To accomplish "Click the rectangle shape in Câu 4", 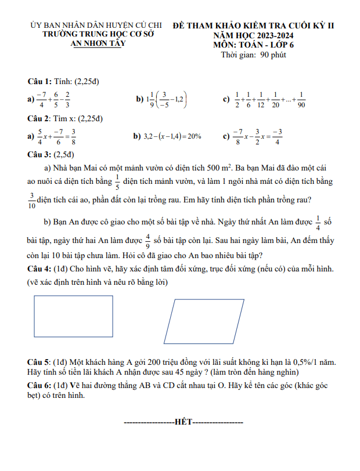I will (x=73, y=317).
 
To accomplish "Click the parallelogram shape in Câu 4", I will (x=204, y=321).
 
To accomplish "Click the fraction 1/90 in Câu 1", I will (x=301, y=100).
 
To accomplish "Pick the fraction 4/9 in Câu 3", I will (x=148, y=240).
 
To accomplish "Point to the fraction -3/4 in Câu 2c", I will (x=277, y=137).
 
